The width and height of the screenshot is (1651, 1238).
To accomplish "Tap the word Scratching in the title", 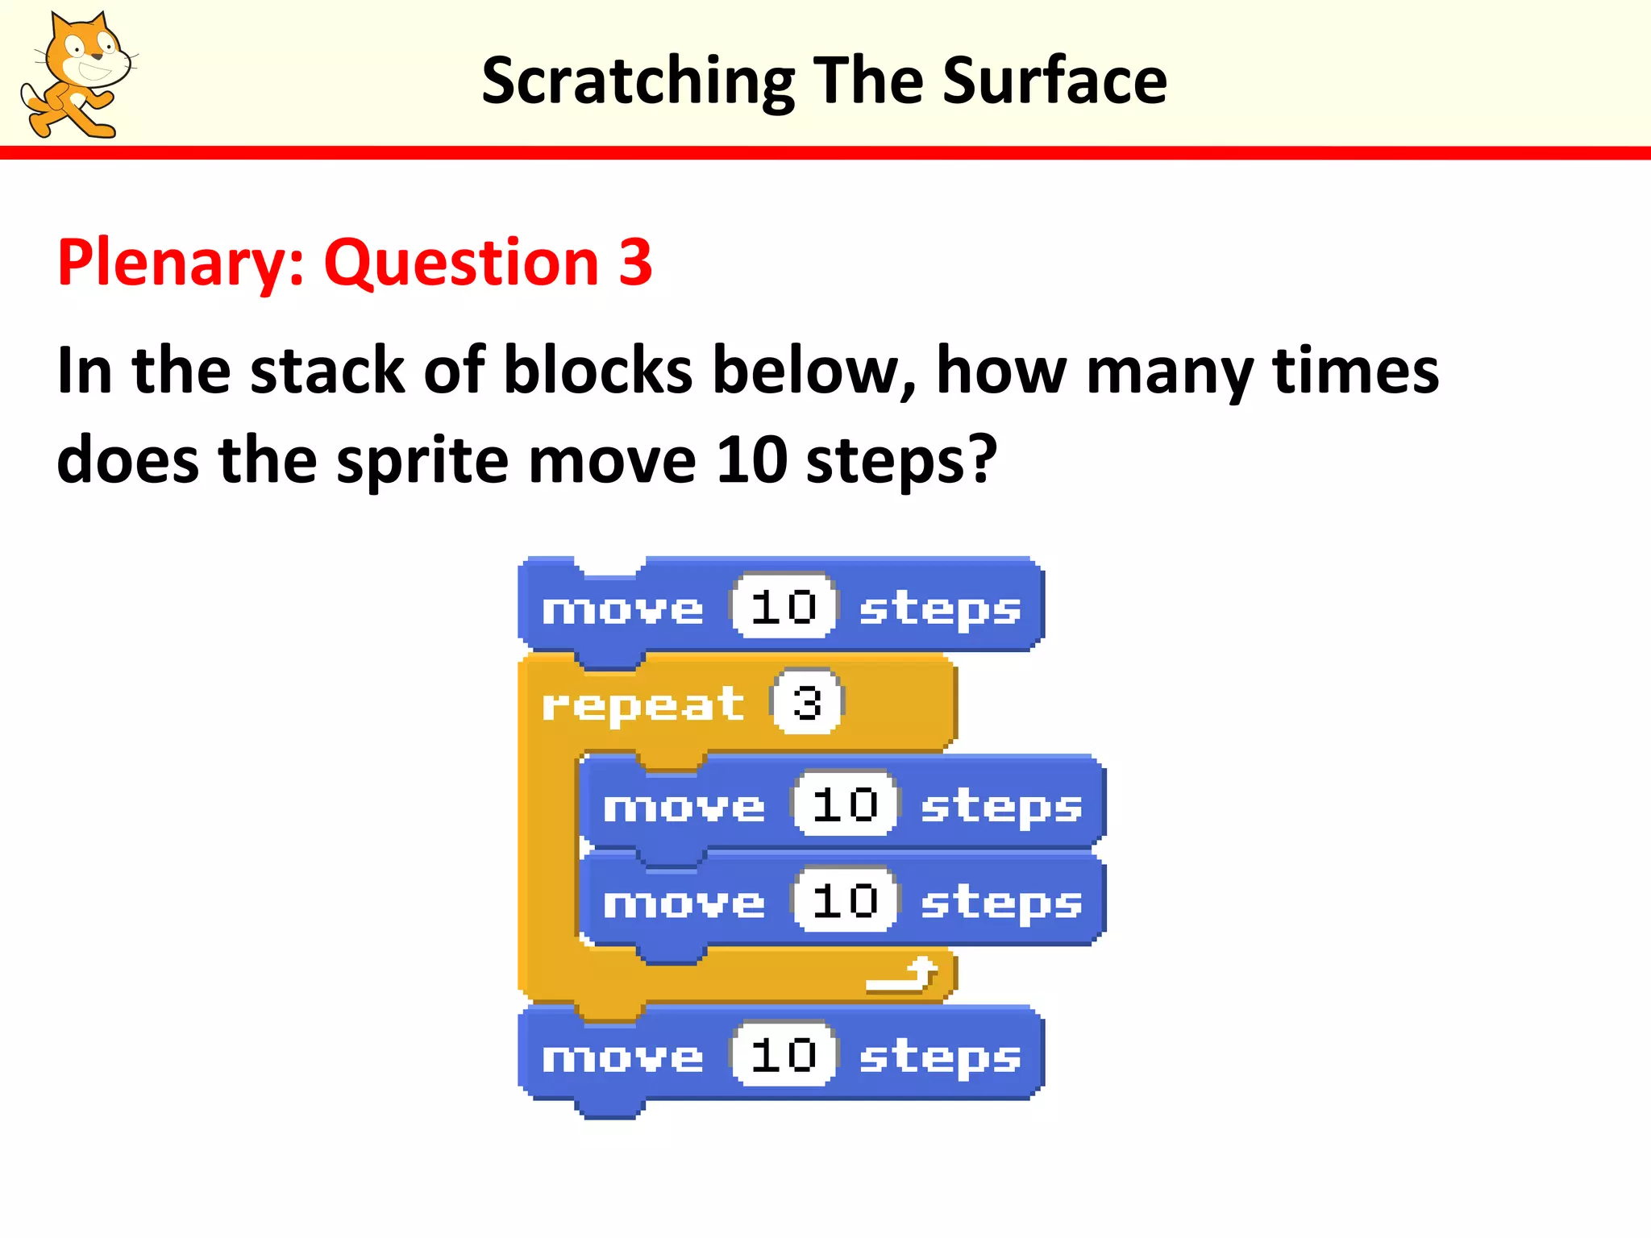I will pos(638,81).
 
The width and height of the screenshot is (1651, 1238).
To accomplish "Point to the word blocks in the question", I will pos(597,371).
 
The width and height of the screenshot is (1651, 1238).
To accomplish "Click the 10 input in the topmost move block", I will pos(784,607).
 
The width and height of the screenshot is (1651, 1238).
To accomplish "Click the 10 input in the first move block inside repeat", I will pos(845,804).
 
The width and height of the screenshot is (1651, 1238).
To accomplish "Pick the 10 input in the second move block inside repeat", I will pos(845,900).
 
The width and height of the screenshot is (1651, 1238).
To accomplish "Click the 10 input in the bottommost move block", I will pos(784,1055).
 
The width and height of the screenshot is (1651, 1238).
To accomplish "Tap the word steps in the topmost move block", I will pos(940,609).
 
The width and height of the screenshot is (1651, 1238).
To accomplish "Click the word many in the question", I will pos(1169,371).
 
